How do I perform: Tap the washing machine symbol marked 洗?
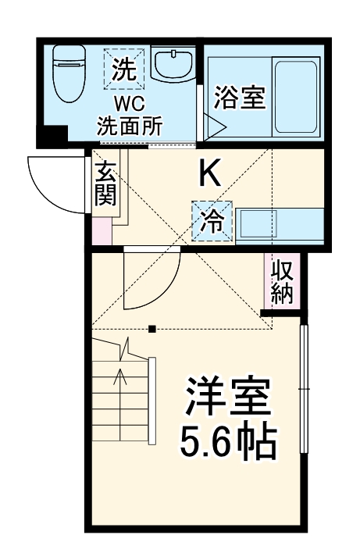(x=124, y=71)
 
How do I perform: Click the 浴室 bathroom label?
(x=241, y=98)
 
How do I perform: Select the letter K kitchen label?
(x=209, y=173)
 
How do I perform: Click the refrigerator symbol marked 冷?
(x=212, y=221)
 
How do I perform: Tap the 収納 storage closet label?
(x=283, y=281)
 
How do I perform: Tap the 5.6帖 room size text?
(x=228, y=442)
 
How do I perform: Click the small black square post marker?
(x=153, y=327)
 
